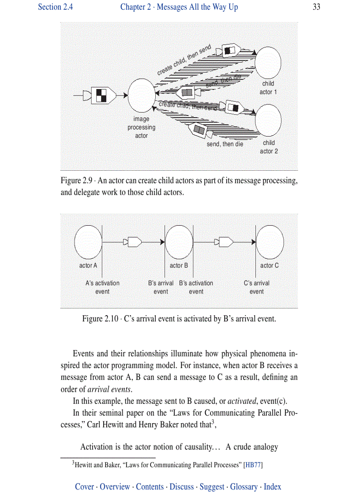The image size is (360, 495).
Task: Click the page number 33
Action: pyautogui.click(x=316, y=7)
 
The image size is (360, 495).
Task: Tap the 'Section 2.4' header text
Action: pyautogui.click(x=55, y=7)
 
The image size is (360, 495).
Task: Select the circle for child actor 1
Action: pyautogui.click(x=268, y=61)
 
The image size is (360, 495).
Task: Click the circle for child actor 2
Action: pyautogui.click(x=268, y=120)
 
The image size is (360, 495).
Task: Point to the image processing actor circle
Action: pyautogui.click(x=141, y=95)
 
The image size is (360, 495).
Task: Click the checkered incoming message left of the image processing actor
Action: pyautogui.click(x=102, y=95)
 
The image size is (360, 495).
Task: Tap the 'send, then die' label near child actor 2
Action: pyautogui.click(x=225, y=144)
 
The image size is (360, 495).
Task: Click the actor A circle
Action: pyautogui.click(x=88, y=242)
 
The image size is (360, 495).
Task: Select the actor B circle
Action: pyautogui.click(x=179, y=242)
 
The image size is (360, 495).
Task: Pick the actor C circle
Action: pyautogui.click(x=270, y=242)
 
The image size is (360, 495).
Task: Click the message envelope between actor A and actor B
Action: pyautogui.click(x=132, y=242)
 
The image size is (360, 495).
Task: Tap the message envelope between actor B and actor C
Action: pyautogui.click(x=223, y=242)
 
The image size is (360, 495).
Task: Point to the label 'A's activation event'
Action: pyautogui.click(x=102, y=287)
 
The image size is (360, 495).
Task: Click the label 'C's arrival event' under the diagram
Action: pyautogui.click(x=257, y=287)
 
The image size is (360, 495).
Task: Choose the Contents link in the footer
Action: pyautogui.click(x=150, y=487)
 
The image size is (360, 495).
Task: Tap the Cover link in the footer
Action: pyautogui.click(x=84, y=487)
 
